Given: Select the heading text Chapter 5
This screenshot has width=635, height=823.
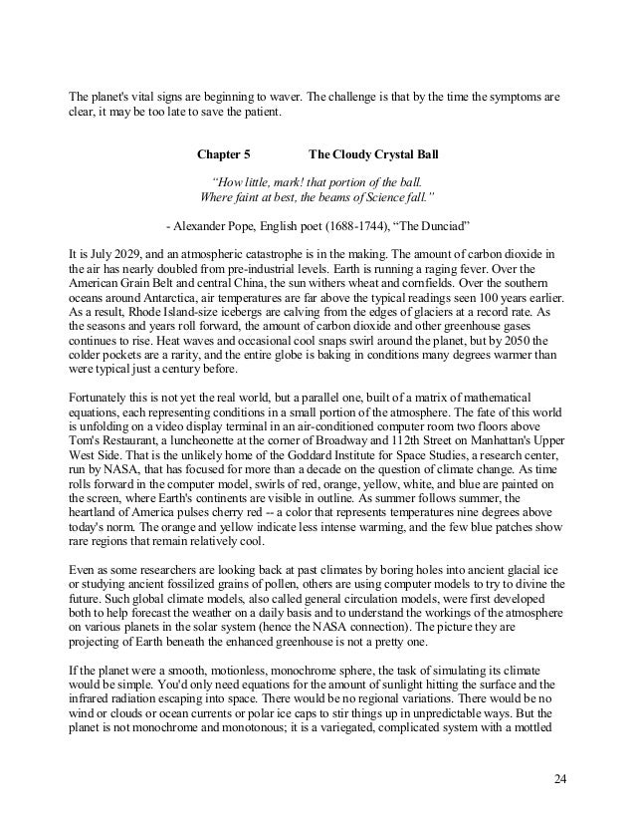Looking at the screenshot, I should [224, 156].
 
